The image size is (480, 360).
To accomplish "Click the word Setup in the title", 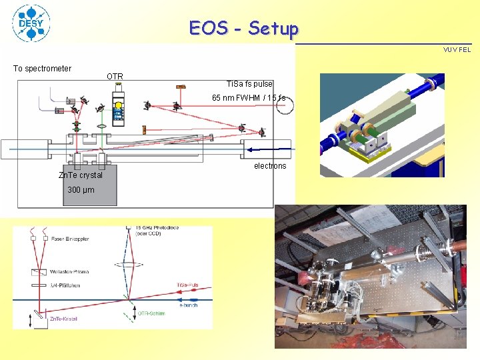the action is click(x=273, y=29).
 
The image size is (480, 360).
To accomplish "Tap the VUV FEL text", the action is click(x=457, y=49).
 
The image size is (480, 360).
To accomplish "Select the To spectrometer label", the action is click(x=43, y=68).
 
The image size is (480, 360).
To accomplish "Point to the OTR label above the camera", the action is click(x=115, y=77).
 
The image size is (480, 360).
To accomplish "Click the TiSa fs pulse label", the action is click(x=249, y=84).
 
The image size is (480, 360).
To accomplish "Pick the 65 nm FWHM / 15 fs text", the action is click(x=248, y=98).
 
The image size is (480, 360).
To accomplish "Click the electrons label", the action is click(x=270, y=166).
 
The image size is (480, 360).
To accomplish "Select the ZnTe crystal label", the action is click(x=81, y=175).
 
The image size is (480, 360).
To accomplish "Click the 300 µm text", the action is click(x=81, y=190).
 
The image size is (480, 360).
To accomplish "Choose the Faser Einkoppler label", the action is click(x=69, y=239).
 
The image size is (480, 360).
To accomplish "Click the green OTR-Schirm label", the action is click(x=151, y=313).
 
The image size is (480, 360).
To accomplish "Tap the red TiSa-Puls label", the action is click(x=187, y=285).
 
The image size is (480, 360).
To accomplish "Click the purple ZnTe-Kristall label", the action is click(x=64, y=319).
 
